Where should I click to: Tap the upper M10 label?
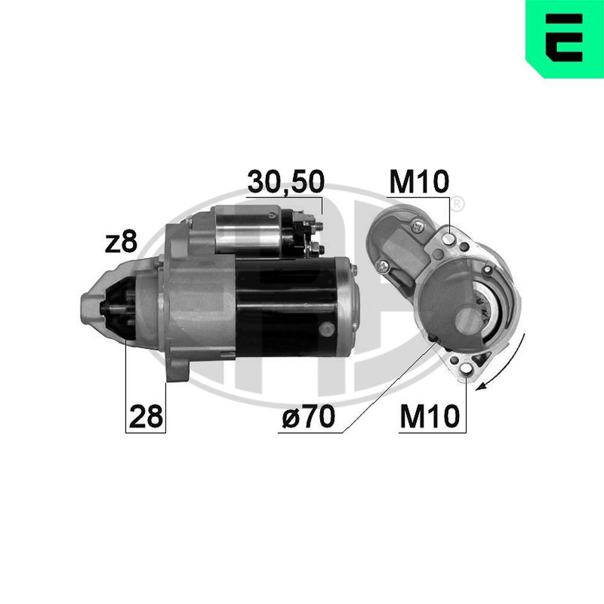(419, 181)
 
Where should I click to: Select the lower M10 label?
(431, 417)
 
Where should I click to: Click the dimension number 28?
(146, 417)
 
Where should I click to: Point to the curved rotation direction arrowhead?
(481, 387)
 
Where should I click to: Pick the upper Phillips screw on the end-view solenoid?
(417, 226)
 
